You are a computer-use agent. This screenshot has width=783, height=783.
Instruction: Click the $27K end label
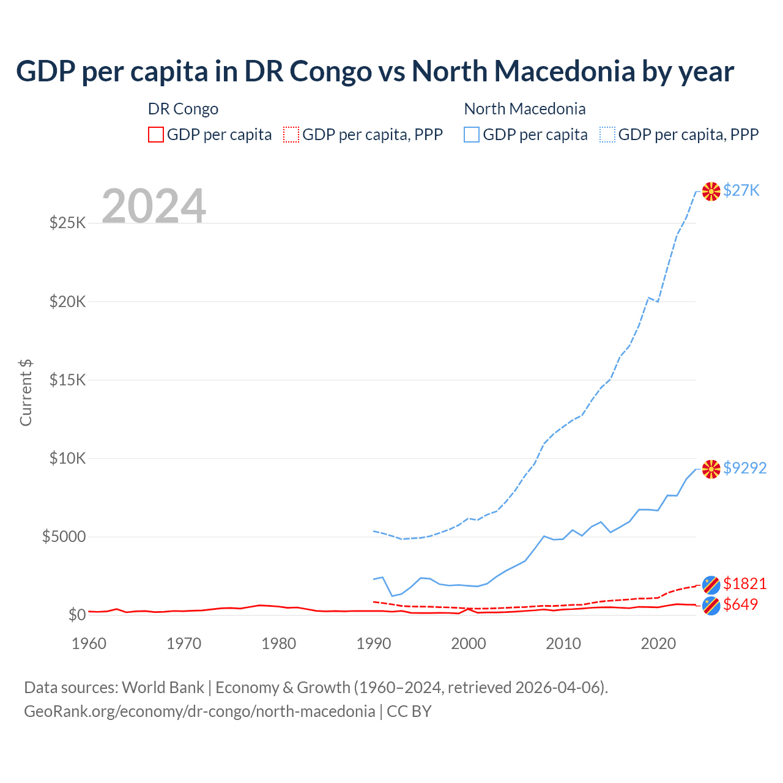[x=741, y=190]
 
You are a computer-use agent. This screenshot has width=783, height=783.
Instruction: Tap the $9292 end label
[x=744, y=468]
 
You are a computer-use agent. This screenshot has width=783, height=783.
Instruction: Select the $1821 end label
[x=744, y=584]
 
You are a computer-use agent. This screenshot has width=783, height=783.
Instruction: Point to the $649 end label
[x=740, y=604]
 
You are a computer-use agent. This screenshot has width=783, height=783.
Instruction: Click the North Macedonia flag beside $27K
[x=711, y=191]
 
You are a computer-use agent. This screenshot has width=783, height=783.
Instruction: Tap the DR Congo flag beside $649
[x=711, y=606]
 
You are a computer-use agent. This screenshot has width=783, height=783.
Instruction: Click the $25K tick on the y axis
[x=68, y=223]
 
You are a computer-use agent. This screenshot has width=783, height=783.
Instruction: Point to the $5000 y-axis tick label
[x=64, y=536]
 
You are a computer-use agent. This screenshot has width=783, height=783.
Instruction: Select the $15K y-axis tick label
[x=68, y=380]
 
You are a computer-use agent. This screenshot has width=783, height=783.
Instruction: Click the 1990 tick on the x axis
[x=374, y=644]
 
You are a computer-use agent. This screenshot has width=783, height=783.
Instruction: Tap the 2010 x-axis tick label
[x=563, y=644]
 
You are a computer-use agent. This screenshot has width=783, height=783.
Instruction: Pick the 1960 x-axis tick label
[x=89, y=644]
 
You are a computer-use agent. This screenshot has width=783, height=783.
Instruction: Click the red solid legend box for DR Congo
[x=156, y=135]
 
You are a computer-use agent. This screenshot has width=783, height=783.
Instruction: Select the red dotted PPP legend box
[x=291, y=135]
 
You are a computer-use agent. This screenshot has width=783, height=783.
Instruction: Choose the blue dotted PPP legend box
[x=607, y=135]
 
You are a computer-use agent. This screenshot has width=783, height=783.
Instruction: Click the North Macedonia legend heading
[x=525, y=109]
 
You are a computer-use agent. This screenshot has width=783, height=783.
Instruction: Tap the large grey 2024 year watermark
[x=154, y=206]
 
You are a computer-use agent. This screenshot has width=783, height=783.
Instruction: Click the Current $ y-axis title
[x=26, y=393]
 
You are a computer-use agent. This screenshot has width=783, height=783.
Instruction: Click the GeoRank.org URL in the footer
[x=199, y=711]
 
